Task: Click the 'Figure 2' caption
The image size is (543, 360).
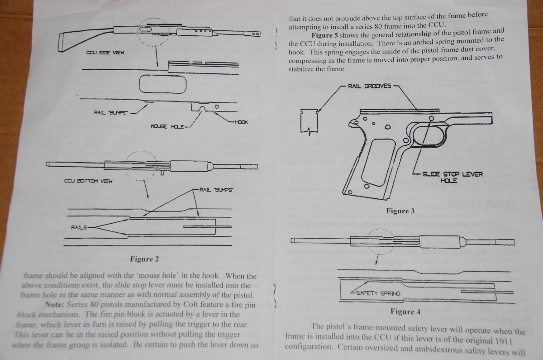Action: pos(144,259)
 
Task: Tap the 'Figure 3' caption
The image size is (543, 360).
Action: pos(400,211)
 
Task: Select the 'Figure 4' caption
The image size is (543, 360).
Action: pos(405,312)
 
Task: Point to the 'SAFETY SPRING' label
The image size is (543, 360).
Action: pos(378,293)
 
